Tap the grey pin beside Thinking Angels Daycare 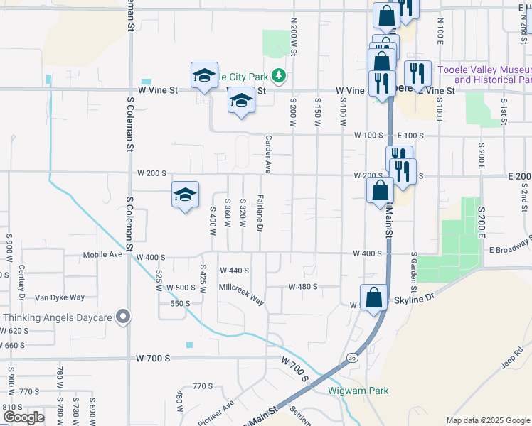(x=124, y=317)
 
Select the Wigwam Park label (x=358, y=390)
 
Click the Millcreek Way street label (x=241, y=295)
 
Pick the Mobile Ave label (x=104, y=255)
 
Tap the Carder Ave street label (x=268, y=154)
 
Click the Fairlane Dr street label (x=260, y=213)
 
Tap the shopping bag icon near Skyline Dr (x=373, y=298)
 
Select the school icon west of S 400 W (x=185, y=195)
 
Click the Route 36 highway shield (x=353, y=358)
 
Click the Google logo (x=23, y=417)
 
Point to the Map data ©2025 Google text (x=487, y=420)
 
